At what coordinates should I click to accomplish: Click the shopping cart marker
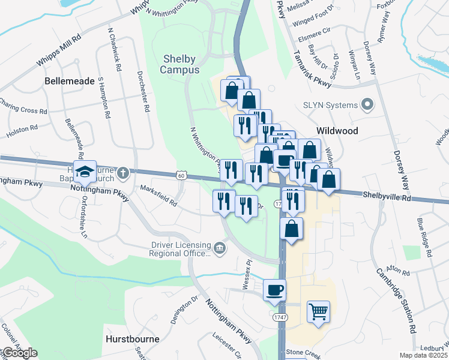click(318, 311)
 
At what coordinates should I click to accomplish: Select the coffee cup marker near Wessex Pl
click(274, 290)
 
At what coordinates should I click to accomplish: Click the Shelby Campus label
click(179, 64)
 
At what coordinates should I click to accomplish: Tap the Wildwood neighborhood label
click(337, 131)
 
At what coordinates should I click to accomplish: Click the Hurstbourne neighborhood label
click(132, 338)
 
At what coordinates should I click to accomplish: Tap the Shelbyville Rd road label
click(388, 196)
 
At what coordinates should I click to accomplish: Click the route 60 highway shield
click(182, 175)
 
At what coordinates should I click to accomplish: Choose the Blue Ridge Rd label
click(424, 238)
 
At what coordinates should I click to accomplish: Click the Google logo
click(19, 353)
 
